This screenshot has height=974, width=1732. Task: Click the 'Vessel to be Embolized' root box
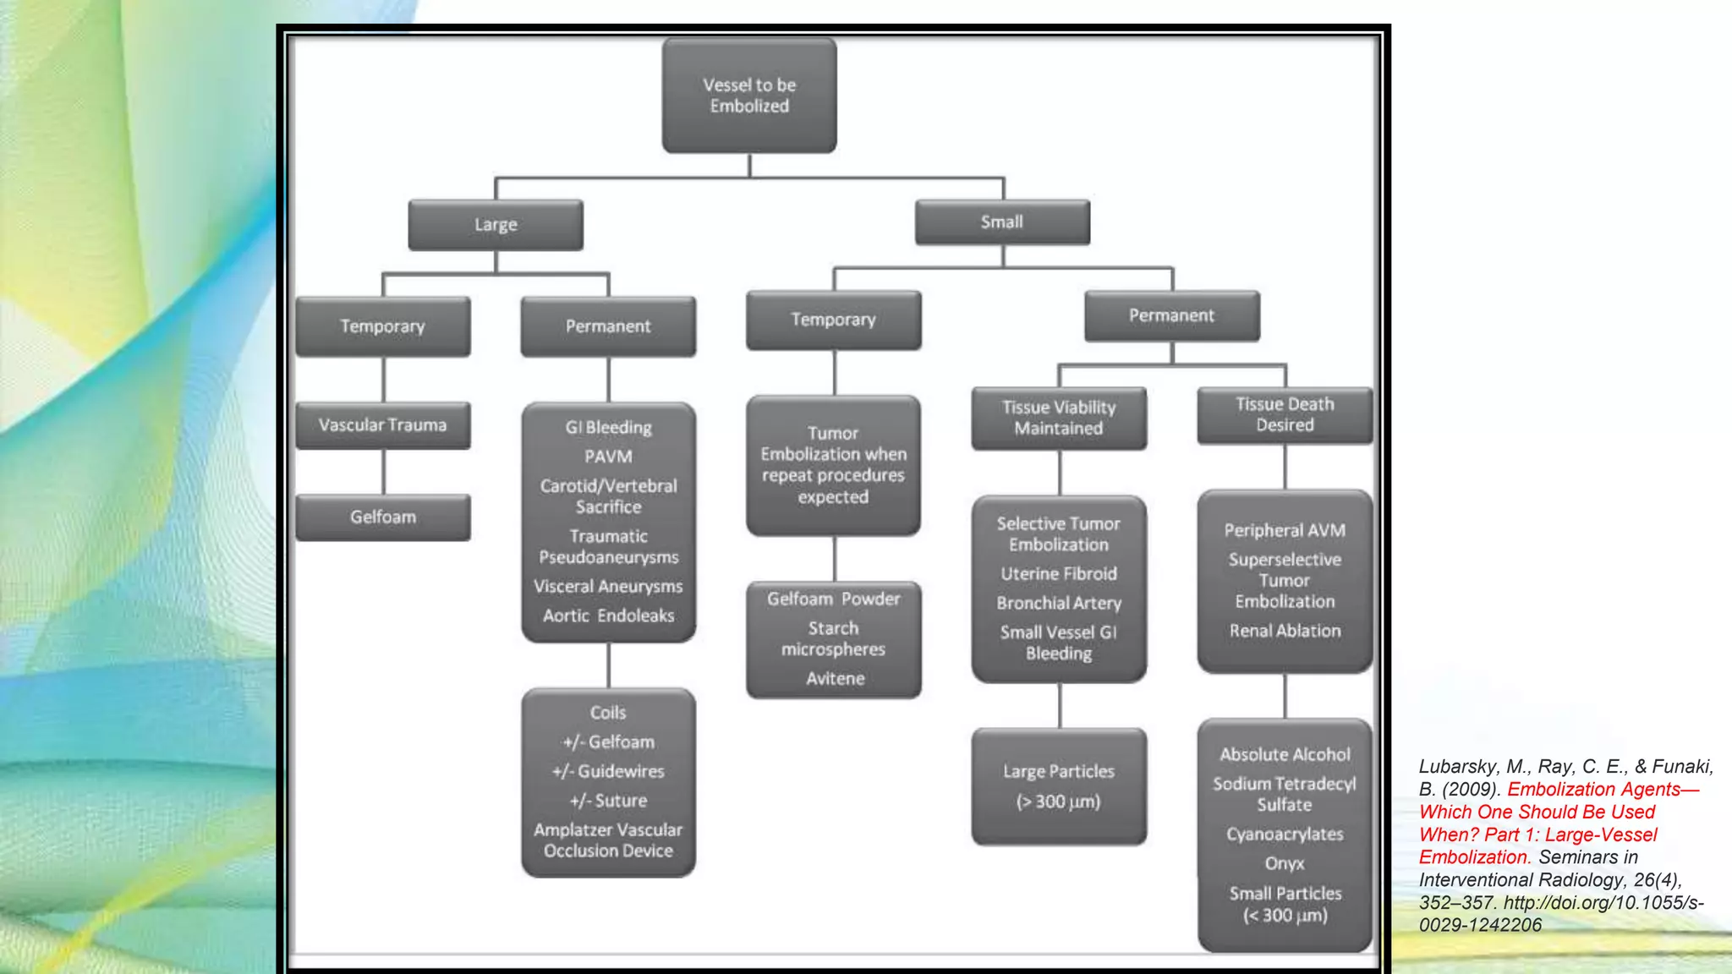click(749, 96)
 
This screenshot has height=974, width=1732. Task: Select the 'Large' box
click(496, 225)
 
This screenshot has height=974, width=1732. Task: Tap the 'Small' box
click(1002, 222)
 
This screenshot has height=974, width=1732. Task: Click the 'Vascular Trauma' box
click(383, 425)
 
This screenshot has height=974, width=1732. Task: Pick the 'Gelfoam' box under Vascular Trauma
click(383, 517)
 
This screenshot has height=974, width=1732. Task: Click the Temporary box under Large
click(383, 326)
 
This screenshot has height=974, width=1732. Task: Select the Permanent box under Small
click(1171, 315)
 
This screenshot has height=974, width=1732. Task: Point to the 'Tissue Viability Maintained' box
click(1059, 418)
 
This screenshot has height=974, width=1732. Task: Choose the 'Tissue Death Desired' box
click(1285, 414)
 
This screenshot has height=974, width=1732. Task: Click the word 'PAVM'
click(608, 457)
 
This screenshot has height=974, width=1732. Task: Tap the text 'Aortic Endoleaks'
click(608, 616)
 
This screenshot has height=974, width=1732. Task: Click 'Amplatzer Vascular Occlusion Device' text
click(608, 840)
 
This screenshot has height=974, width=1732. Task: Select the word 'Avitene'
click(835, 678)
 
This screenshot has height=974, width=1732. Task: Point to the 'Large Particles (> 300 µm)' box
click(1059, 786)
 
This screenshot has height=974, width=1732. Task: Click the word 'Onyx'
click(1285, 863)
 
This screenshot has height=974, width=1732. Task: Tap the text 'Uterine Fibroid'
click(1059, 574)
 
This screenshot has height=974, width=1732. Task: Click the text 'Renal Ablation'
click(1285, 631)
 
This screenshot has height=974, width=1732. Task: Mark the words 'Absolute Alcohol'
click(1285, 754)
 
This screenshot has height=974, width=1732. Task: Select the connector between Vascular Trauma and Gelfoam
click(384, 472)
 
